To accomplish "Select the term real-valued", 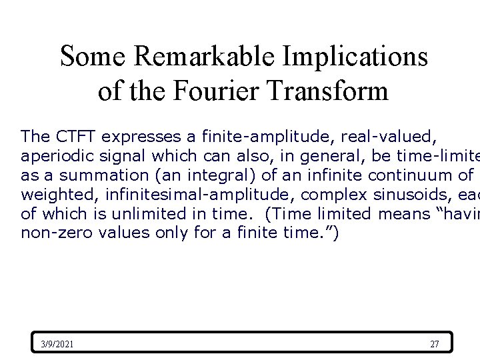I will (x=389, y=137).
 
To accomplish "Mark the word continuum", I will (x=397, y=175).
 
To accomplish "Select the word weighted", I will (x=52, y=195).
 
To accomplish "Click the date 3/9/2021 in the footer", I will (x=57, y=344).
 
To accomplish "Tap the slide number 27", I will (x=435, y=344).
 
